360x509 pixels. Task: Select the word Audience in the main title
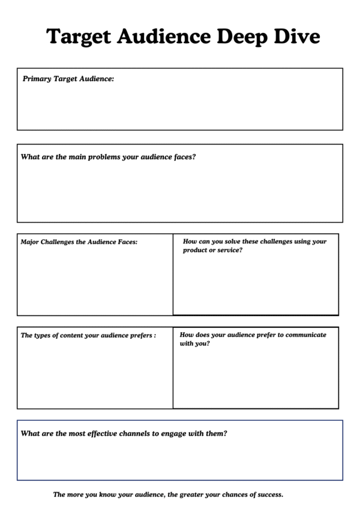(163, 37)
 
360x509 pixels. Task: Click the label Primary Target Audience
(68, 79)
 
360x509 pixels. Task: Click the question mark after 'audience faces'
(194, 157)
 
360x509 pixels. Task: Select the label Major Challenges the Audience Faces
(79, 242)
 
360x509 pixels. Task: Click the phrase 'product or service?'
(212, 250)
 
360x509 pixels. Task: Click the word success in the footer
(268, 495)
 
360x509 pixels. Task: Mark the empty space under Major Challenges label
(95, 282)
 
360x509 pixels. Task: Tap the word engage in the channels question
(167, 433)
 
